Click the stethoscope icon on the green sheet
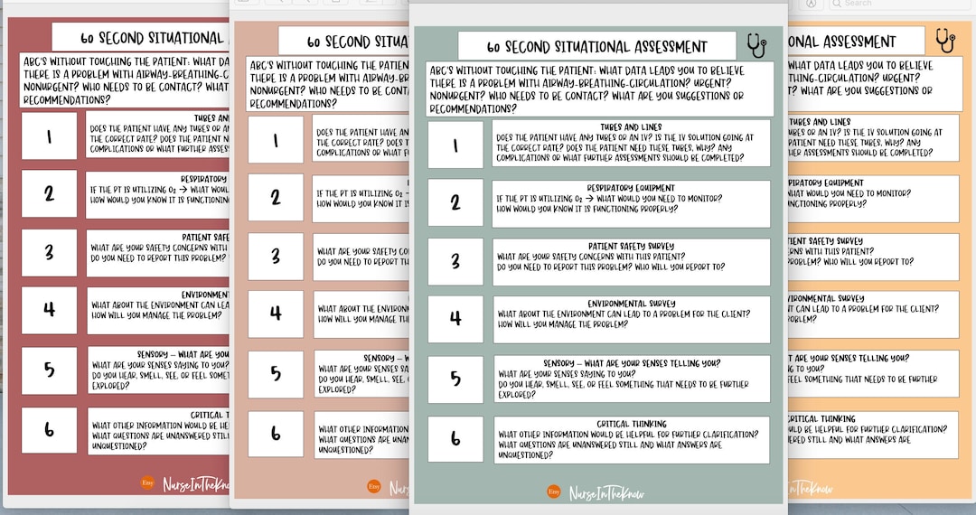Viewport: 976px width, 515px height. tap(756, 44)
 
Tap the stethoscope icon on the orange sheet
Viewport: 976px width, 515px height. tap(945, 40)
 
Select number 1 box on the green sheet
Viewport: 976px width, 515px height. tap(455, 145)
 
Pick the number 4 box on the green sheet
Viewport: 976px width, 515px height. tap(455, 319)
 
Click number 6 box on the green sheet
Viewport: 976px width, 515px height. tap(455, 438)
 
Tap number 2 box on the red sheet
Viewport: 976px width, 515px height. tap(49, 193)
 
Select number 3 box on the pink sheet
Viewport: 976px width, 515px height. tap(276, 256)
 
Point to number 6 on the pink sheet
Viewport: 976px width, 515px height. tap(276, 434)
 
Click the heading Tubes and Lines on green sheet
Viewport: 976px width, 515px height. tap(631, 127)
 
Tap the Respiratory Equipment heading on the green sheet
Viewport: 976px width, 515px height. tap(631, 188)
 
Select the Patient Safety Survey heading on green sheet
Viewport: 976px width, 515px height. tap(631, 246)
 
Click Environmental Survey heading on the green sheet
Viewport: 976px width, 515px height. tap(631, 304)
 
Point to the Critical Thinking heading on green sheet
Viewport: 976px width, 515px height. tap(631, 424)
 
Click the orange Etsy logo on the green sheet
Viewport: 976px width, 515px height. tap(553, 492)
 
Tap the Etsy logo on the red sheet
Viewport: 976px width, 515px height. tap(148, 483)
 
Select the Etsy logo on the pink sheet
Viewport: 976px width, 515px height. tap(374, 486)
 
